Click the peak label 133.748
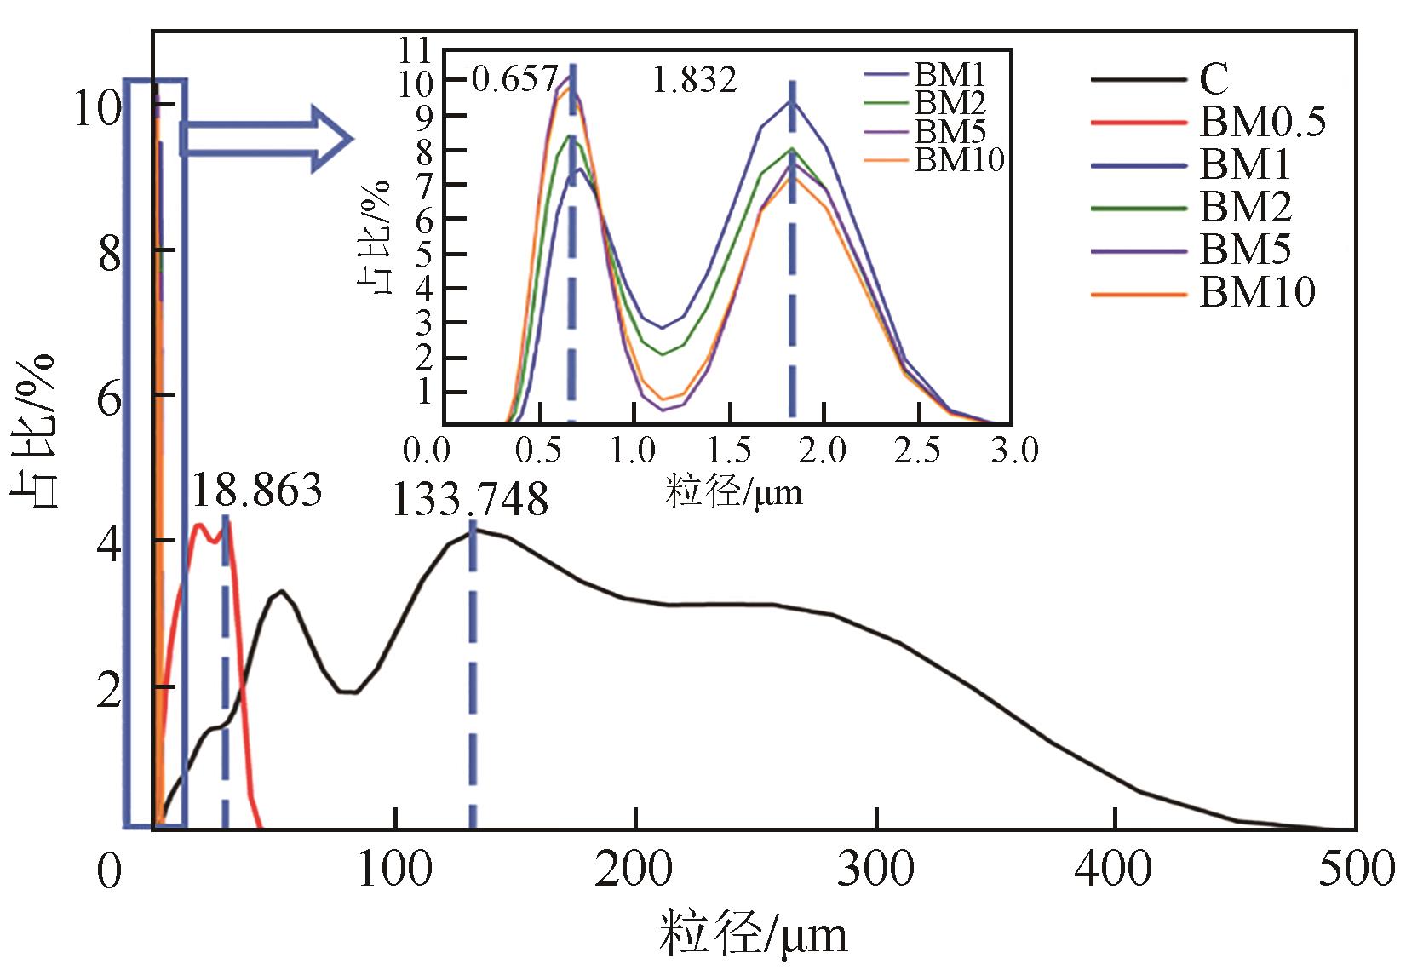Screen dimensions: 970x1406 click(469, 500)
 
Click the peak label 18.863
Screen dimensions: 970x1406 click(256, 491)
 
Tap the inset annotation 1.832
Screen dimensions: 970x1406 click(694, 81)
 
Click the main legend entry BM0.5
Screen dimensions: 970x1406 click(1262, 122)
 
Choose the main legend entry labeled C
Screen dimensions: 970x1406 click(1214, 79)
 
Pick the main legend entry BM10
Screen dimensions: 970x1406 click(1257, 292)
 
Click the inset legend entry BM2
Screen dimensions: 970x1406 click(949, 103)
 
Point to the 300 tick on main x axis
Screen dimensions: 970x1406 click(876, 870)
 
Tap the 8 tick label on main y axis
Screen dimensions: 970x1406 click(110, 253)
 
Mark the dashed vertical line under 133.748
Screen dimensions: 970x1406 click(473, 681)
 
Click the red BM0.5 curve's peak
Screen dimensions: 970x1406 click(199, 526)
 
